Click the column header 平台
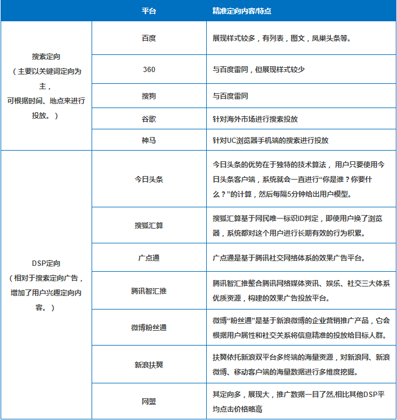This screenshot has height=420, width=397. tap(149, 11)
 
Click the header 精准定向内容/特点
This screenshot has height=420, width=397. tap(242, 11)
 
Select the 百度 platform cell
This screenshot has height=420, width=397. tap(149, 38)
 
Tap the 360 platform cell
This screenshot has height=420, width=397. tap(149, 69)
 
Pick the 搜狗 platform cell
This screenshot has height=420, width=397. tap(149, 96)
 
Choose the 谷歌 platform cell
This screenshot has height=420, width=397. tap(149, 118)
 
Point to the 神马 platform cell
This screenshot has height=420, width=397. tap(149, 141)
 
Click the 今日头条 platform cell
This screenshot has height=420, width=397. tap(149, 179)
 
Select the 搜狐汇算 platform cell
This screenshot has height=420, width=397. tap(149, 225)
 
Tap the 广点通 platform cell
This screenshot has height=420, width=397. tap(149, 258)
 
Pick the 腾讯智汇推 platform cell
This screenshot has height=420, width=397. tap(149, 291)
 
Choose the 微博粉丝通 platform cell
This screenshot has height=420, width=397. tap(149, 327)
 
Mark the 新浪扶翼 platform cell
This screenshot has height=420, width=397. tap(149, 364)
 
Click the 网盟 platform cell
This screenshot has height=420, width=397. tap(149, 402)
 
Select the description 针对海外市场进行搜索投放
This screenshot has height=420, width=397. tap(255, 118)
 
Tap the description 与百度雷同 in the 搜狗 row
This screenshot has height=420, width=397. tap(230, 96)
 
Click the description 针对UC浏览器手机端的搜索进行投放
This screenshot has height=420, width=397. tap(270, 141)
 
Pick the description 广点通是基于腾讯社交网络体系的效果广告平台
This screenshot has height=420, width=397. tap(289, 258)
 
